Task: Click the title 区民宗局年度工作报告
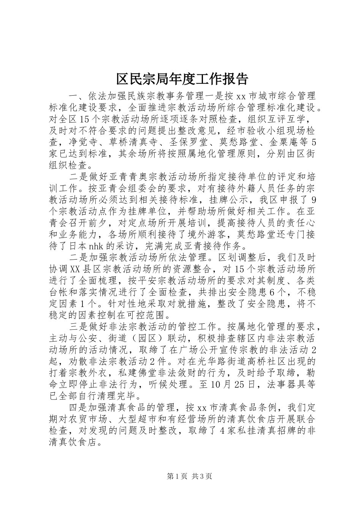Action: point(182,79)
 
